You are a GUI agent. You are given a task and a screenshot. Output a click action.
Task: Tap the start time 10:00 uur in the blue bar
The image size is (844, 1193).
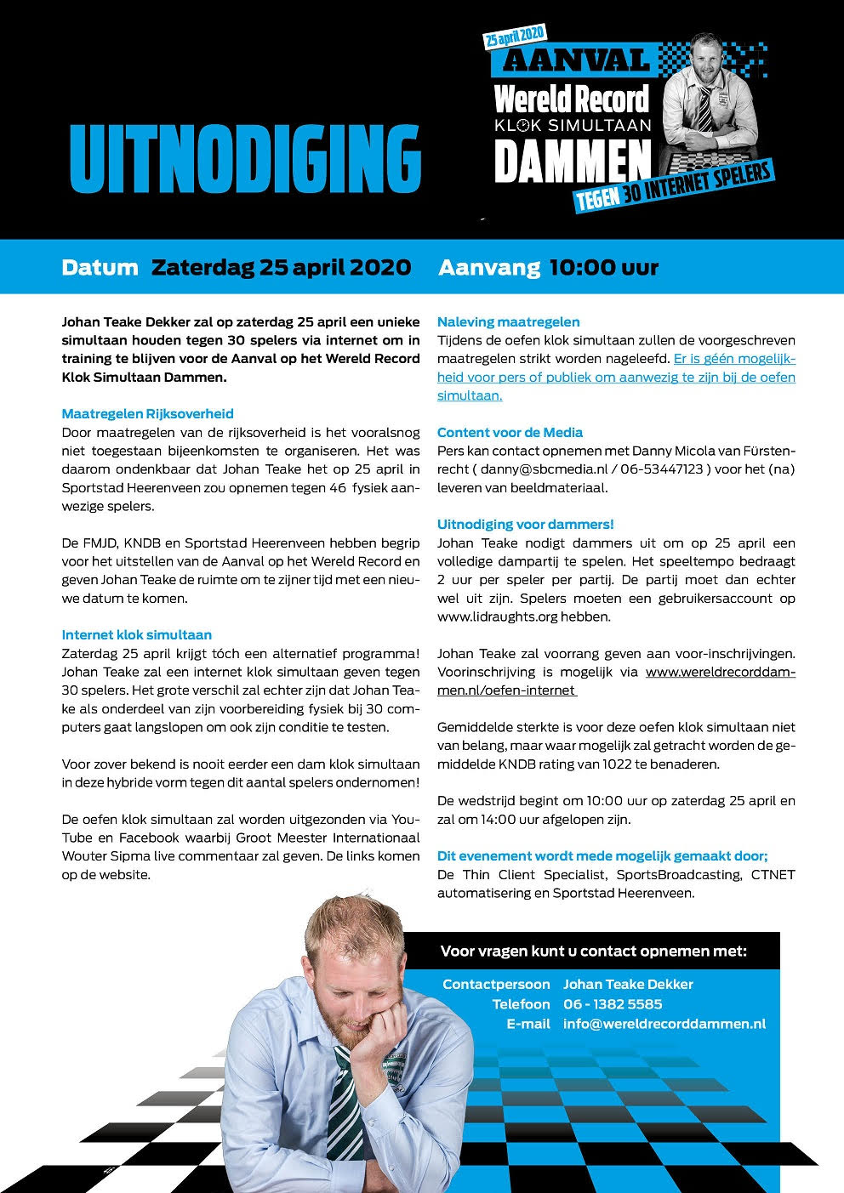pyautogui.click(x=604, y=268)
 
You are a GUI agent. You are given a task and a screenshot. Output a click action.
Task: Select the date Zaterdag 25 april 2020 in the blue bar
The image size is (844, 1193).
pyautogui.click(x=281, y=268)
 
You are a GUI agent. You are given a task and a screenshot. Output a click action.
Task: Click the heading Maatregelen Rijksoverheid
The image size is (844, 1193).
pyautogui.click(x=147, y=414)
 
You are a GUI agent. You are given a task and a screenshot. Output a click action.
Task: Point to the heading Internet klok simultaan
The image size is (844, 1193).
pyautogui.click(x=136, y=635)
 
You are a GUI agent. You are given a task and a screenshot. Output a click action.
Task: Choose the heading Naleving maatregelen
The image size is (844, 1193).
pyautogui.click(x=508, y=322)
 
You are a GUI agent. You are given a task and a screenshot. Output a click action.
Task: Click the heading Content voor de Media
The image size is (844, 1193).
pyautogui.click(x=510, y=433)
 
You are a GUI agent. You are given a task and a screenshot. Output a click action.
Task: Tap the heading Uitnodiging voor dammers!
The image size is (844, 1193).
pyautogui.click(x=525, y=525)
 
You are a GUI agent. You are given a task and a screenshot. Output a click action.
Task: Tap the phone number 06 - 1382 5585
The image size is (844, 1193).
pyautogui.click(x=613, y=1004)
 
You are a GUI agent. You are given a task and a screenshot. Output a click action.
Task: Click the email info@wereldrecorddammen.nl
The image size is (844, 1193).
pyautogui.click(x=664, y=1024)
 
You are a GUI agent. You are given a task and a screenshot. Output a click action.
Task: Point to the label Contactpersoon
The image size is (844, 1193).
pyautogui.click(x=496, y=985)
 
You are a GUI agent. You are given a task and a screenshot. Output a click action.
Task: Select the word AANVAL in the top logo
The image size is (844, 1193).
pyautogui.click(x=576, y=60)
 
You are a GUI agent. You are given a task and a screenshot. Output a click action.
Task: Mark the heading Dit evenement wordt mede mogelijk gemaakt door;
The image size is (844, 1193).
pyautogui.click(x=602, y=856)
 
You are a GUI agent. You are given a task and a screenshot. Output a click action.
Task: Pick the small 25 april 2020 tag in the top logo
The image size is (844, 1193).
pyautogui.click(x=514, y=35)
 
